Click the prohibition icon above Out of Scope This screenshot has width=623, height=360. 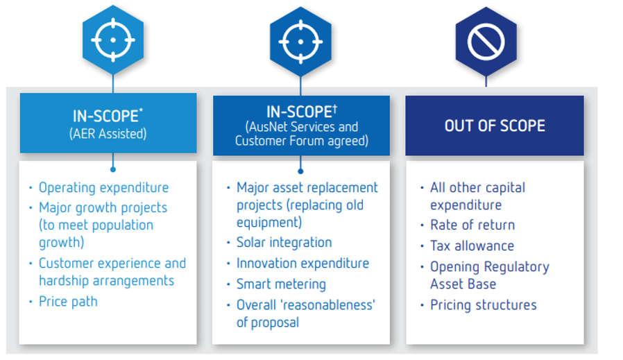click(486, 42)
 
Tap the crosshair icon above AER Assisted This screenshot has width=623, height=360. click(113, 40)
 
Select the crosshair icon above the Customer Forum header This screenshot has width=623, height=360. click(301, 42)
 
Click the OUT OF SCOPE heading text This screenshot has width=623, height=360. click(495, 126)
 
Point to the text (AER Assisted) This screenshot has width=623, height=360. click(108, 134)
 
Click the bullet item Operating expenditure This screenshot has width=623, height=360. click(103, 187)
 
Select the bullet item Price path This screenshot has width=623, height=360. click(68, 302)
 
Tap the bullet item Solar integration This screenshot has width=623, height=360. click(284, 242)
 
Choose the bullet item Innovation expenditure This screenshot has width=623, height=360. click(302, 263)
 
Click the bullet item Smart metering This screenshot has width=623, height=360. click(281, 284)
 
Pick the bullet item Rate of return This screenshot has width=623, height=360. click(472, 225)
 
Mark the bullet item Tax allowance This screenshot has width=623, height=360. click(472, 246)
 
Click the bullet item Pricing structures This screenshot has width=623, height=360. click(484, 305)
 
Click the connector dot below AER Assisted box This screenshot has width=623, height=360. click(113, 170)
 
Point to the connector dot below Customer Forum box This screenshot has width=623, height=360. click(301, 171)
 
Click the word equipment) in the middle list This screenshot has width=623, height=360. click(269, 223)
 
